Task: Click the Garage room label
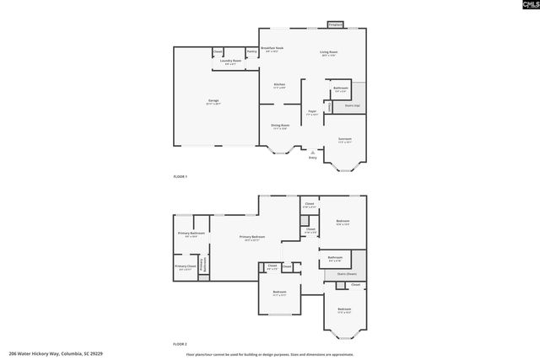click(x=213, y=102)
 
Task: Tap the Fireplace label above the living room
click(x=335, y=25)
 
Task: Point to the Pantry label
click(x=251, y=52)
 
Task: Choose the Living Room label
click(x=328, y=53)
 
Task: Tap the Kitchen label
click(x=279, y=85)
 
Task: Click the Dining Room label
click(x=280, y=126)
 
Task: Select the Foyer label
click(x=312, y=112)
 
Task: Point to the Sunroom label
click(x=345, y=139)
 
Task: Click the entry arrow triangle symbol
click(x=312, y=152)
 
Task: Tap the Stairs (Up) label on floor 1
click(x=353, y=105)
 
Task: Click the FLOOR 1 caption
click(x=180, y=176)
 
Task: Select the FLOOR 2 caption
click(x=180, y=344)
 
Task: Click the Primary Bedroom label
click(x=252, y=237)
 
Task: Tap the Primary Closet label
click(x=186, y=267)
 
